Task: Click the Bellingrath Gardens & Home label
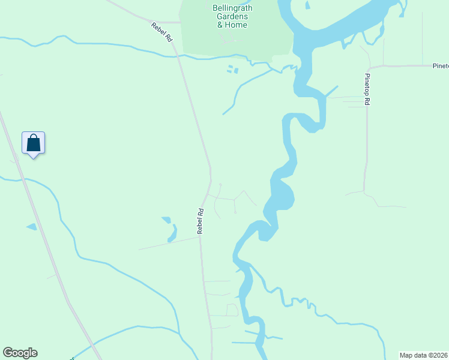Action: [232, 17]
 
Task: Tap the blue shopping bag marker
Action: [34, 143]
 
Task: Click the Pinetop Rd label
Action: [367, 90]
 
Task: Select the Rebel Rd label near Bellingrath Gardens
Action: [162, 31]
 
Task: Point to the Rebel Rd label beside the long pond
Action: [201, 221]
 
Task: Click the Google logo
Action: [20, 353]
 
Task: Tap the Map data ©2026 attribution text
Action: [424, 355]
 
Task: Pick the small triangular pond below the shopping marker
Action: [31, 227]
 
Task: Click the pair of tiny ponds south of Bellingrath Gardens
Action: [232, 70]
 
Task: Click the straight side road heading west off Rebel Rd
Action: [168, 243]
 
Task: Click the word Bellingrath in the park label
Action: [232, 8]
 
